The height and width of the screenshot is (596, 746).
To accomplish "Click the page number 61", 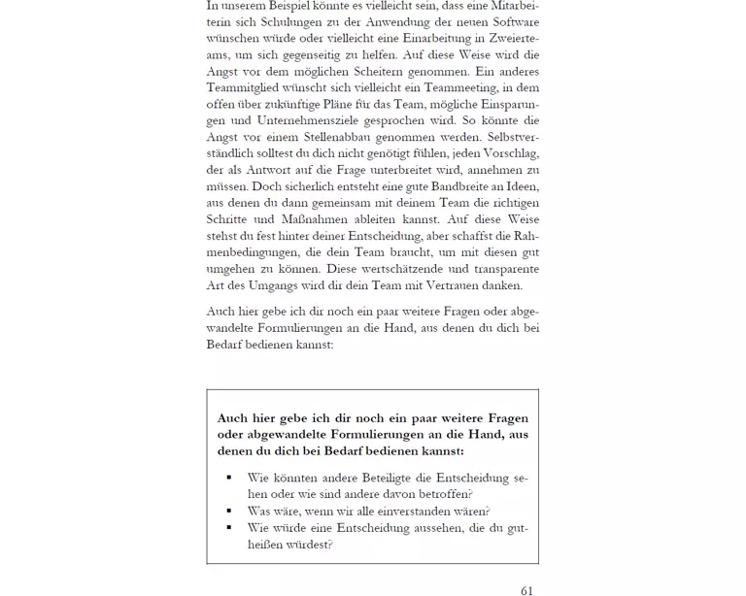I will click(526, 589).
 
